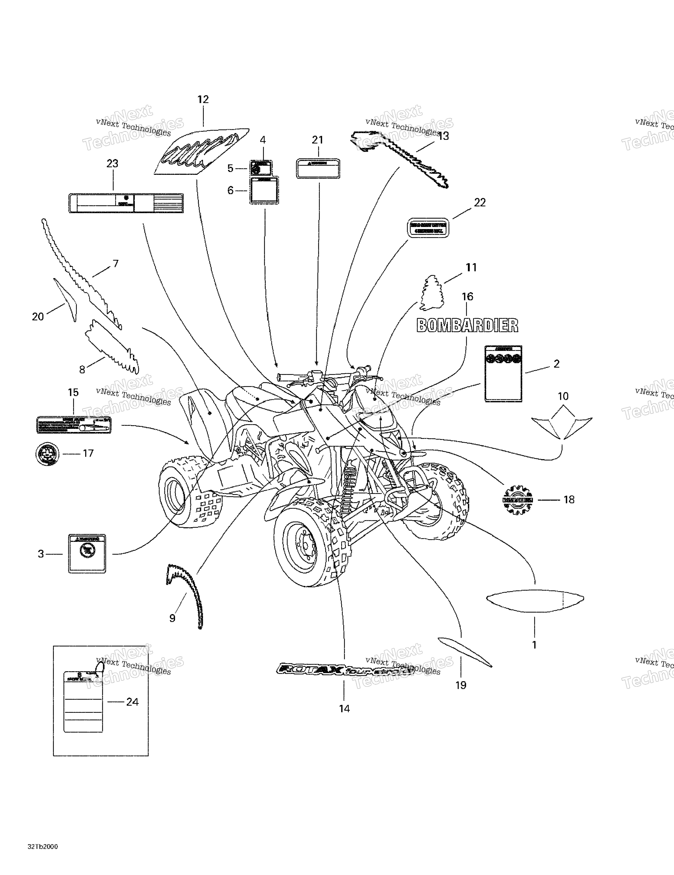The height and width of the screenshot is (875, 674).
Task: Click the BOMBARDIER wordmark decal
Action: pyautogui.click(x=467, y=325)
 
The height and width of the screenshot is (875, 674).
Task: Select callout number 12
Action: pyautogui.click(x=203, y=99)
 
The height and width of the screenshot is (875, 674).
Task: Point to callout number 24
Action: pyautogui.click(x=132, y=702)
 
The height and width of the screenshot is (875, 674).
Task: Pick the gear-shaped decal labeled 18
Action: pyautogui.click(x=517, y=500)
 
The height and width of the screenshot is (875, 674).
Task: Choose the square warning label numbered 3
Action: pyautogui.click(x=87, y=554)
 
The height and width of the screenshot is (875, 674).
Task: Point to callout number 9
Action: pyautogui.click(x=172, y=618)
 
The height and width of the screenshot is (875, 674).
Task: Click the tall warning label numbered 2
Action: pyautogui.click(x=503, y=373)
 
